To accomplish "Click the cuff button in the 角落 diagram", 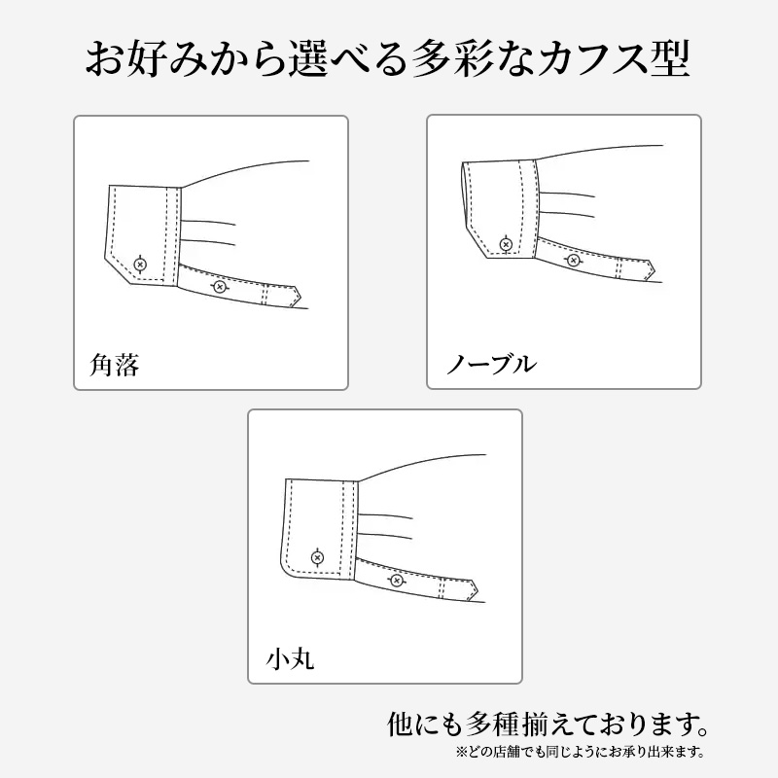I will click(141, 264).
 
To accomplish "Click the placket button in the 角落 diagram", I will click(219, 286).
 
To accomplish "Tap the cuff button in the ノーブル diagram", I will click(505, 243).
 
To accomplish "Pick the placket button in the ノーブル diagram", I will click(573, 260).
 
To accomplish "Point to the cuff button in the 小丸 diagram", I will click(317, 557).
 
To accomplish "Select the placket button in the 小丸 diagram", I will click(395, 581).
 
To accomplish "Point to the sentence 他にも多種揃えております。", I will click(546, 725).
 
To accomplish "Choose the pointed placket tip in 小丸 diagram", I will click(475, 588).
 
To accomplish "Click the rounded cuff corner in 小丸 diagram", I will click(286, 570).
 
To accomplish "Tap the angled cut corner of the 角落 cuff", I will click(119, 273).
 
